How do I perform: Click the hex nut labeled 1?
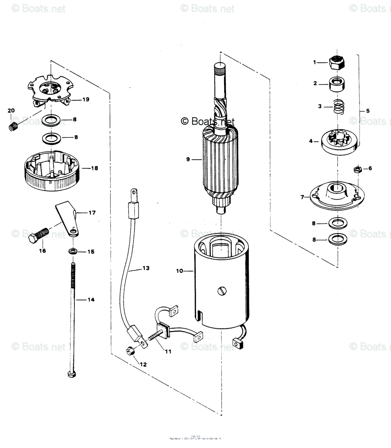pos(337,62)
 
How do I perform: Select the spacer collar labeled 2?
pos(337,84)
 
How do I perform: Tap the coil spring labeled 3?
pos(338,107)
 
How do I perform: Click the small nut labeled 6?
pos(357,169)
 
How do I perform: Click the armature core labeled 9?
pos(219,161)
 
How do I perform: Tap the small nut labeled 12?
pos(130,351)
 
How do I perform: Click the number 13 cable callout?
pos(145,268)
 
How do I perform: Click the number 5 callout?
pos(368,111)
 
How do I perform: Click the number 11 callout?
pos(168,351)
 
